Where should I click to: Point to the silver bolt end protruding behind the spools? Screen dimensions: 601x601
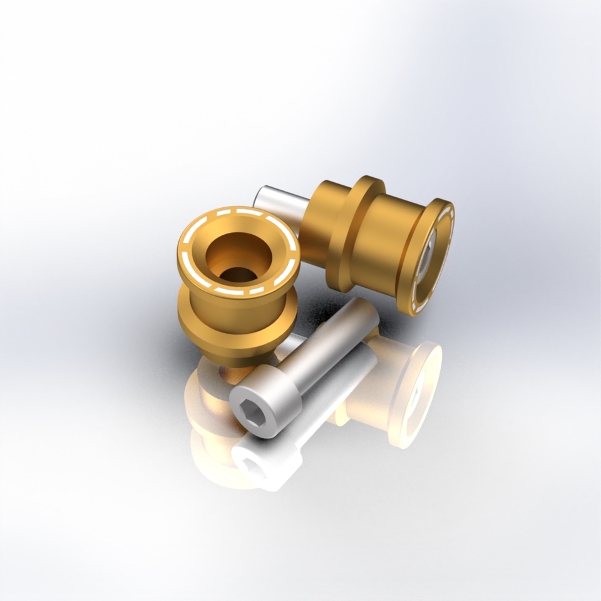click(275, 199)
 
